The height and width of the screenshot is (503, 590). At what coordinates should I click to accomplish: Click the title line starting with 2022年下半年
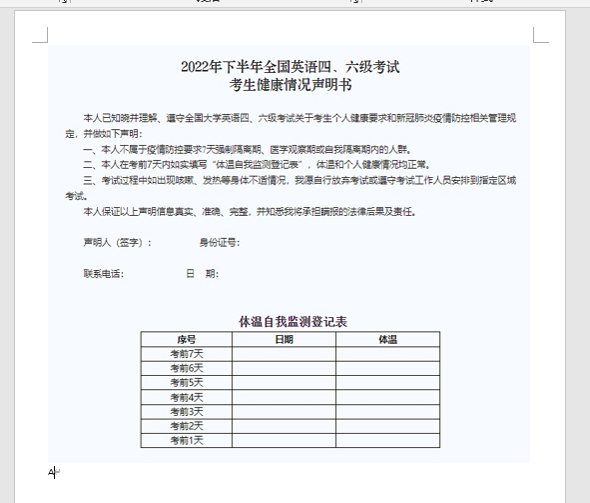[x=290, y=67]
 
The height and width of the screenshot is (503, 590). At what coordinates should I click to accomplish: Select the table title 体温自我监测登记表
[x=292, y=321]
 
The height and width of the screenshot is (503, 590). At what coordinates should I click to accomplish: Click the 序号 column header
[x=186, y=339]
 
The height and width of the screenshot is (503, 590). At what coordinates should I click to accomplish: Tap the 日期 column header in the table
[x=284, y=339]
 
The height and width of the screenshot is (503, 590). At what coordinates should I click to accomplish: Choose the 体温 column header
[x=387, y=339]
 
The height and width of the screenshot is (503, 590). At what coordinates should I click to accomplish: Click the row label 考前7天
[x=186, y=353]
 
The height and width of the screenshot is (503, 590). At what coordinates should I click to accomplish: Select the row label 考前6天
[x=186, y=368]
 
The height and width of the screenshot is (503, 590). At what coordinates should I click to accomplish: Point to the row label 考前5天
[x=186, y=382]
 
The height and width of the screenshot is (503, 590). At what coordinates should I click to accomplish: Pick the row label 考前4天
[x=186, y=397]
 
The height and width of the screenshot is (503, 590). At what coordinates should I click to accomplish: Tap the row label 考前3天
[x=186, y=411]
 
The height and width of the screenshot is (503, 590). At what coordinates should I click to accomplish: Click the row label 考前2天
[x=186, y=426]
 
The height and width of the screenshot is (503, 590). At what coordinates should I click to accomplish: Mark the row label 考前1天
[x=186, y=440]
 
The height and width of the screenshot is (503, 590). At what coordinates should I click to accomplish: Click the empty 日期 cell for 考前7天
[x=284, y=353]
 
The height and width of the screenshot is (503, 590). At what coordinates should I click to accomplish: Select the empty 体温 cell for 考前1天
[x=387, y=440]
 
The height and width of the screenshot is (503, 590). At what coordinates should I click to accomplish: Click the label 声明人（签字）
[x=118, y=242]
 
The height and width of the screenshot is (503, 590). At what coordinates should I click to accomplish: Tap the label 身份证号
[x=219, y=242]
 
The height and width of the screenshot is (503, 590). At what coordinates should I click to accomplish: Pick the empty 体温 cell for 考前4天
[x=387, y=397]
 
